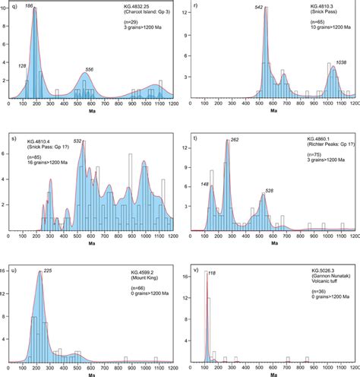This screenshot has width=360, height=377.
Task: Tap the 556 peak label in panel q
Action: point(89,70)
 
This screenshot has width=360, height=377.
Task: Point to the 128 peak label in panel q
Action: point(21,66)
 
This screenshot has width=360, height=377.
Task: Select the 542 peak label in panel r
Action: point(259,8)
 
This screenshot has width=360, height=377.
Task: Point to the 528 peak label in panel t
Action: point(269,191)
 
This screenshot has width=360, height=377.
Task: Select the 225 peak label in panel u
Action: point(47,271)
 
